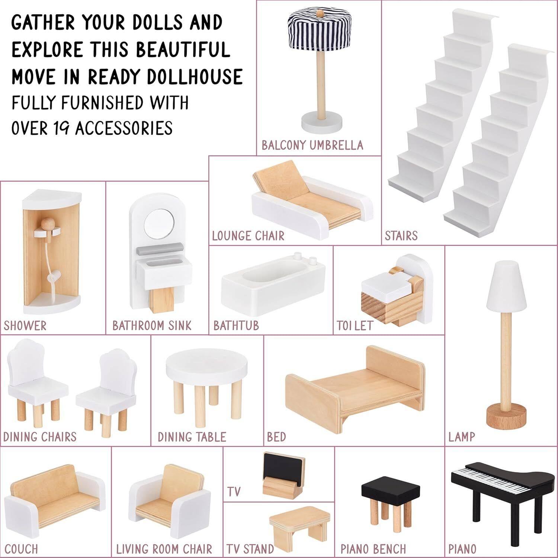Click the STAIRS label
pos(401,236)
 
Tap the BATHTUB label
pos(236,326)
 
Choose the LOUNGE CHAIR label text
pos(248,236)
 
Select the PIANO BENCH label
pos(373,549)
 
